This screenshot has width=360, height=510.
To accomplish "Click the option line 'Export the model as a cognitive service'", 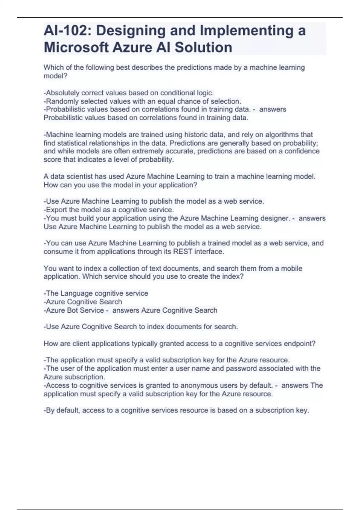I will click(109, 210).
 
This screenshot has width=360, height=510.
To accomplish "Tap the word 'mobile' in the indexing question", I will click(291, 268).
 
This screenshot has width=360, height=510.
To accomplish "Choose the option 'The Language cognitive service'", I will click(96, 293).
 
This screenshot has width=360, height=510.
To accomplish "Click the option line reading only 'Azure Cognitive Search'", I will click(83, 301).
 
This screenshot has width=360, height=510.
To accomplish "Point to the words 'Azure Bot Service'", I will click(75, 310).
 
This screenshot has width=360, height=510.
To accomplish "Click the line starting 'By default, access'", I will click(176, 410).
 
